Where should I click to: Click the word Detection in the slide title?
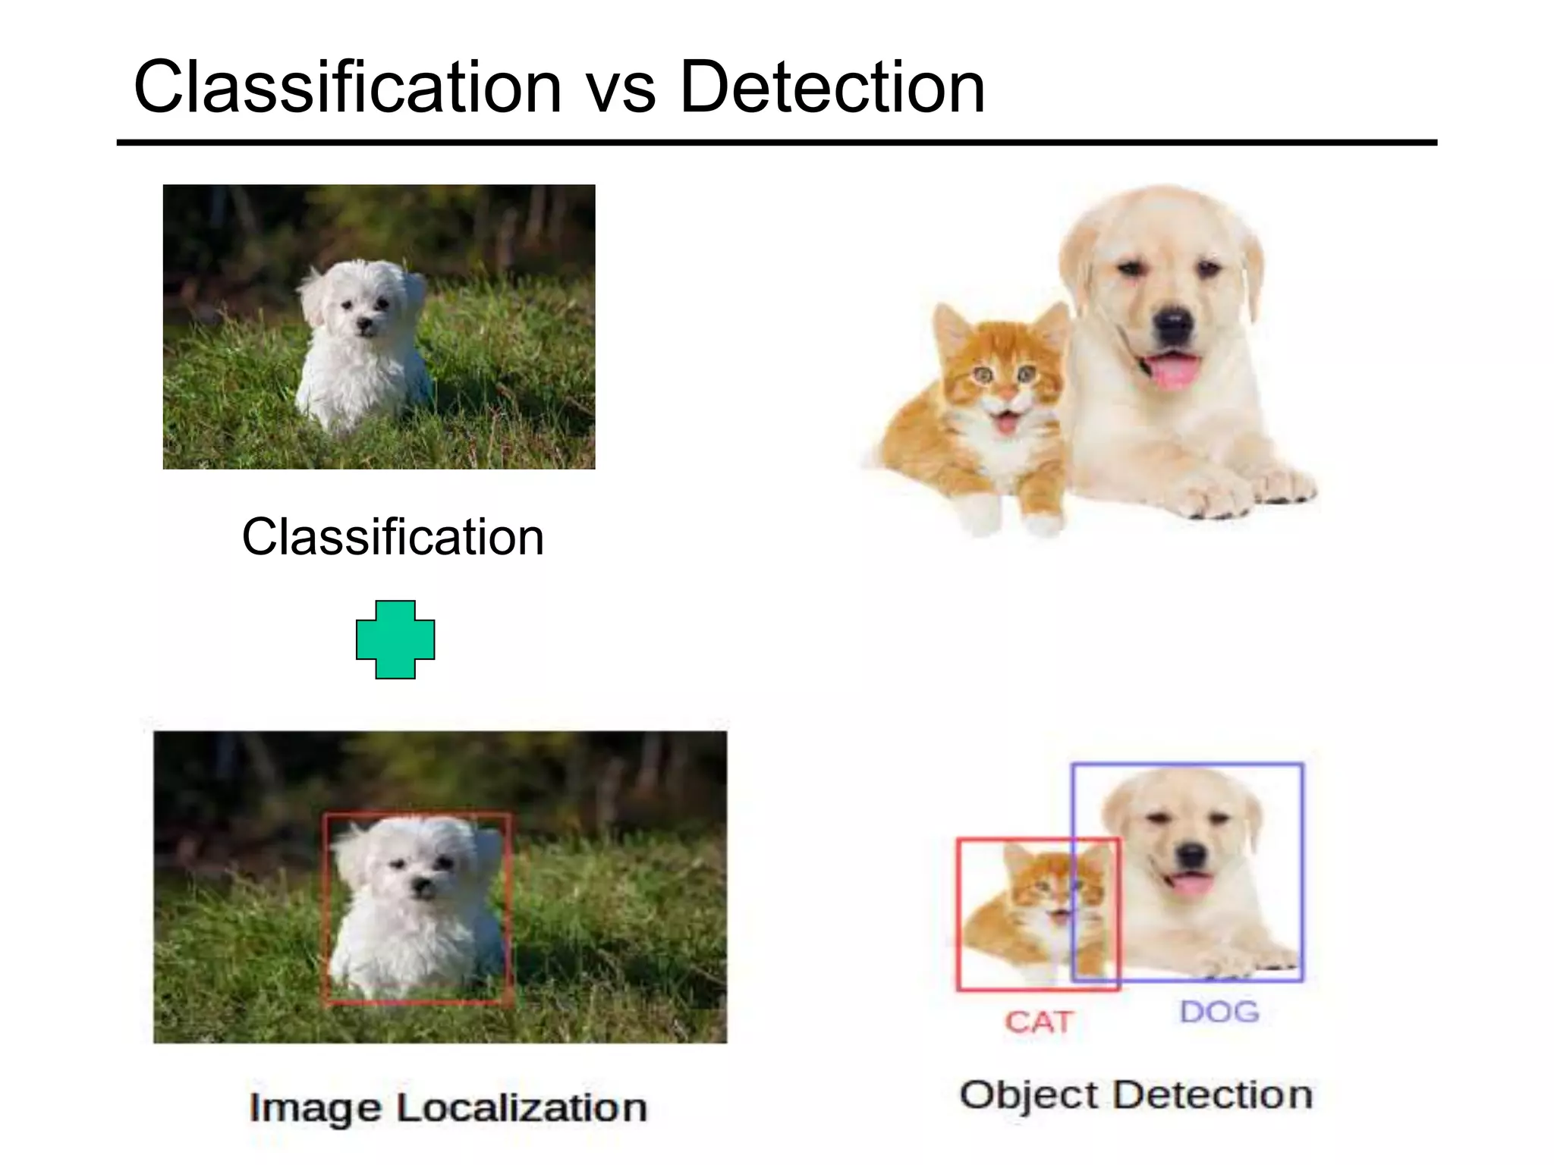tap(832, 88)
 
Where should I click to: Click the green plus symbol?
tap(395, 639)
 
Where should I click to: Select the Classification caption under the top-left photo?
tap(392, 537)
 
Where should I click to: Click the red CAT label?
tap(1038, 1022)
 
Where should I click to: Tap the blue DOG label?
tap(1219, 1012)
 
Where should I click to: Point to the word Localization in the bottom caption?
tap(521, 1107)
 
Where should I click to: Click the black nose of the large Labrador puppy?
tap(1173, 323)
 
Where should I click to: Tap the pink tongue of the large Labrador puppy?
tap(1173, 372)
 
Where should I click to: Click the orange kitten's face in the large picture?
tap(1000, 379)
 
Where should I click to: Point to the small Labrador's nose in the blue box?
tap(1192, 856)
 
